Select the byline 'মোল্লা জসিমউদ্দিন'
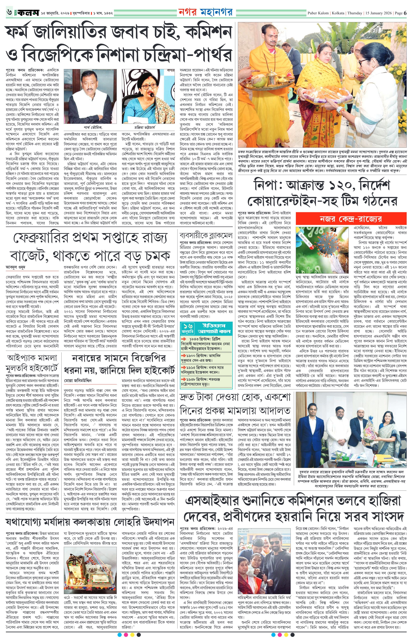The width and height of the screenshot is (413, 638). click(78, 380)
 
